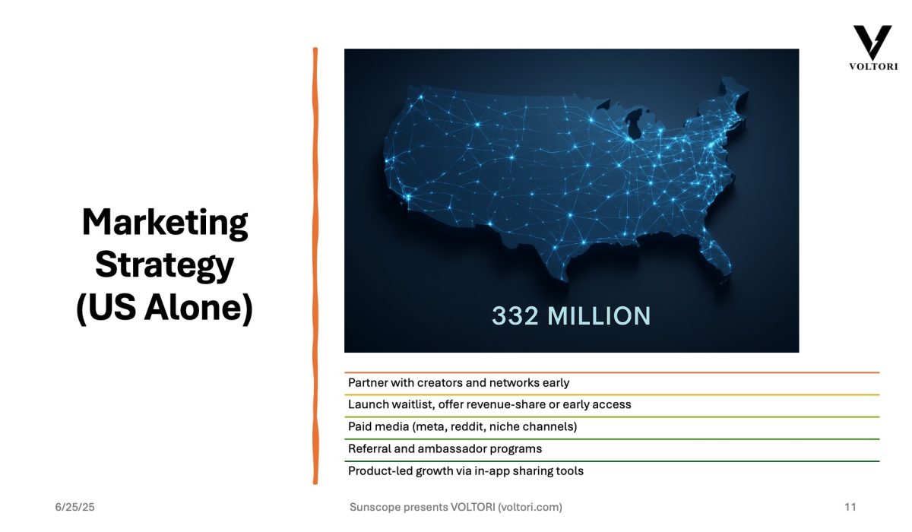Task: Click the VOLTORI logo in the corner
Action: coord(873,48)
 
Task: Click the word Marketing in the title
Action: coord(165,223)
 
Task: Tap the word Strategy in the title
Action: coord(164,265)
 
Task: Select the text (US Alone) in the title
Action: coord(164,308)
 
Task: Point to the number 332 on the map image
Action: coord(515,316)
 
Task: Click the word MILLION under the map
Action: coord(599,316)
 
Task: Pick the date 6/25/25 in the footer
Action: coord(75,507)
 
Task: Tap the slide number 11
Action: coord(850,507)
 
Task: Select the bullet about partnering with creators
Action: coord(458,383)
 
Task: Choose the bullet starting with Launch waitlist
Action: coord(489,404)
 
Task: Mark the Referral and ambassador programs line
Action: coord(445,449)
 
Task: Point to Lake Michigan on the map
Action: coord(634,123)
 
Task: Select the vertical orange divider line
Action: coord(315,266)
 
